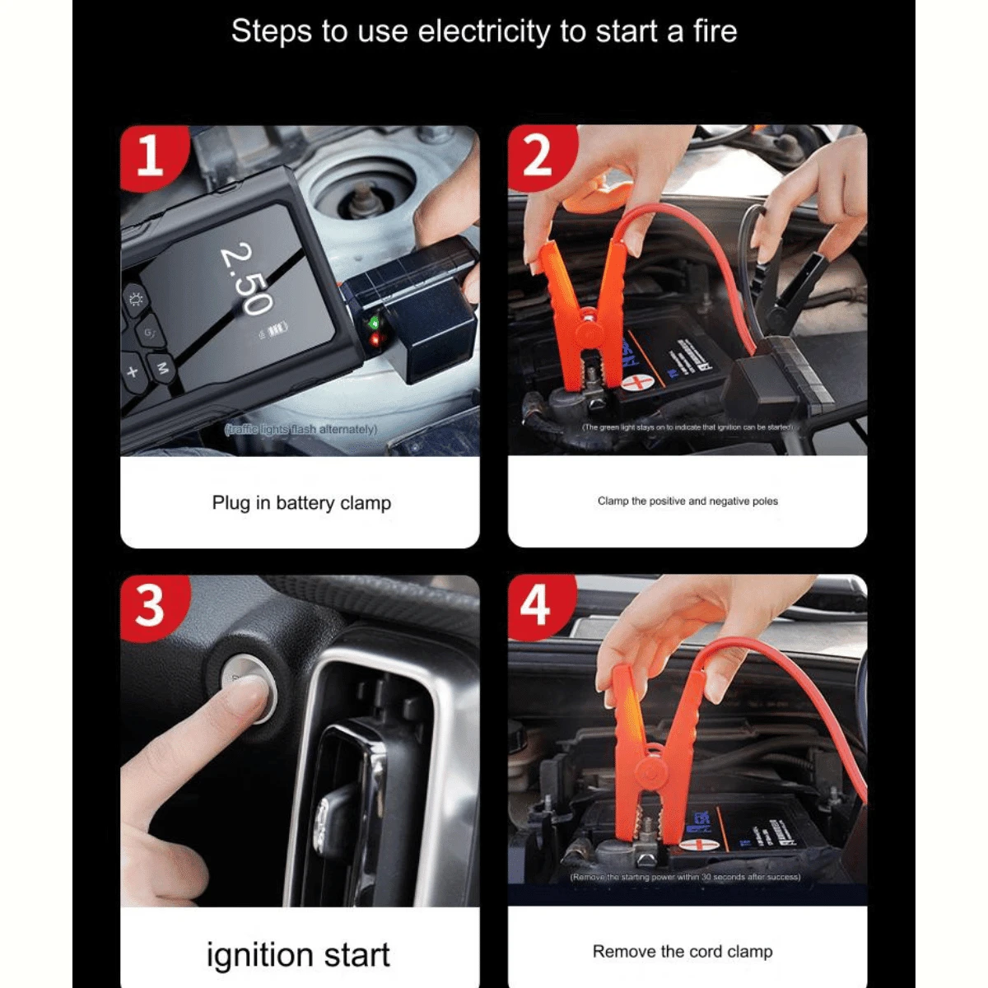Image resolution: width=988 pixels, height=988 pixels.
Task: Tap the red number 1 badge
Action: tap(150, 156)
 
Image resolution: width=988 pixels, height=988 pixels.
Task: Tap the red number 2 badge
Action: tap(537, 156)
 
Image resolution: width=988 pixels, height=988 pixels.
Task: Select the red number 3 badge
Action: tap(150, 606)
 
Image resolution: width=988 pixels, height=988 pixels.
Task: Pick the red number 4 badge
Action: tap(536, 606)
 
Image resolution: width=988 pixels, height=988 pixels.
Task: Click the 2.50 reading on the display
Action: tap(246, 278)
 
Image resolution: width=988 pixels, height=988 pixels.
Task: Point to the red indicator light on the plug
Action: tap(375, 338)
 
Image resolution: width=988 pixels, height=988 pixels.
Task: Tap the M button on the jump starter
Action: tap(162, 368)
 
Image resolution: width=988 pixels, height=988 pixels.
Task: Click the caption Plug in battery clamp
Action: tap(301, 502)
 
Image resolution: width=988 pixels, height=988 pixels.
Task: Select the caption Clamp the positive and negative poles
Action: tap(687, 501)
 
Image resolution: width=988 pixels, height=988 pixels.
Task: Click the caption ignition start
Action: tap(298, 954)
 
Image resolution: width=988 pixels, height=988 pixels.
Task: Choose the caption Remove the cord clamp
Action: tap(683, 951)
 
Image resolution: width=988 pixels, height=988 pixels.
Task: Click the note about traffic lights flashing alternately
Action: tap(301, 429)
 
